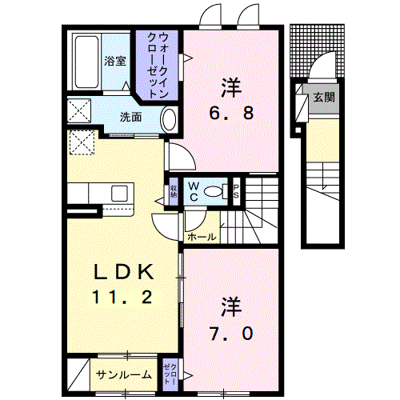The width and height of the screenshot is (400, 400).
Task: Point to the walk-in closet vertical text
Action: (158, 63)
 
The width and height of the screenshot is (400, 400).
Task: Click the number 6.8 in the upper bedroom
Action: (231, 113)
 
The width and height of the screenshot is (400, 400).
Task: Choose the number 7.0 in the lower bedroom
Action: (232, 334)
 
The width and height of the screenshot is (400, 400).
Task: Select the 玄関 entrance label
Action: (323, 98)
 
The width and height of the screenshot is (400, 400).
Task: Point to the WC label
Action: (194, 190)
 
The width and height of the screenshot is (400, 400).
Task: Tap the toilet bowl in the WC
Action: (214, 190)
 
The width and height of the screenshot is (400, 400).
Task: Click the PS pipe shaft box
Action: (237, 190)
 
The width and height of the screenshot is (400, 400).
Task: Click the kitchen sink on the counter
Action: (120, 194)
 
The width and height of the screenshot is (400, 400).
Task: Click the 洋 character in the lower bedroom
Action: (231, 306)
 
